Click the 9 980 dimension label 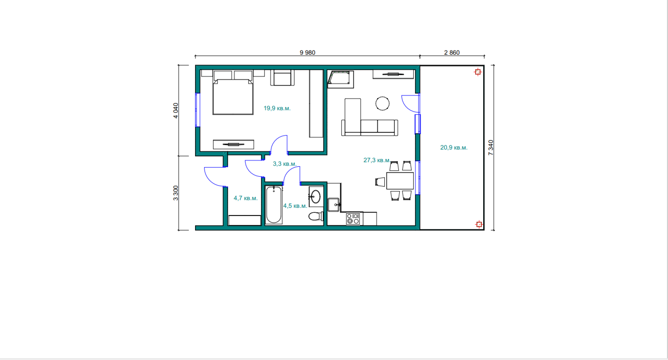(307, 52)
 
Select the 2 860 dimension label (452, 52)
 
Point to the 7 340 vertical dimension (491, 148)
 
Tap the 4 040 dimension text (176, 111)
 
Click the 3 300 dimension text (176, 193)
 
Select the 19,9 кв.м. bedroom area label (277, 108)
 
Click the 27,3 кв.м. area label (377, 160)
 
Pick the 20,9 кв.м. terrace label (454, 148)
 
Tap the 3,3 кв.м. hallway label (285, 164)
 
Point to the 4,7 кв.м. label (245, 198)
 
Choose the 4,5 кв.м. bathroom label (295, 206)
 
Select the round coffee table (382, 103)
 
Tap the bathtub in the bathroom (274, 205)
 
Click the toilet (316, 216)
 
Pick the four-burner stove (353, 219)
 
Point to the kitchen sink (334, 205)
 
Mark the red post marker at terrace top (478, 72)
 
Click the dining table (400, 180)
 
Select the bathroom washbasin (316, 196)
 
